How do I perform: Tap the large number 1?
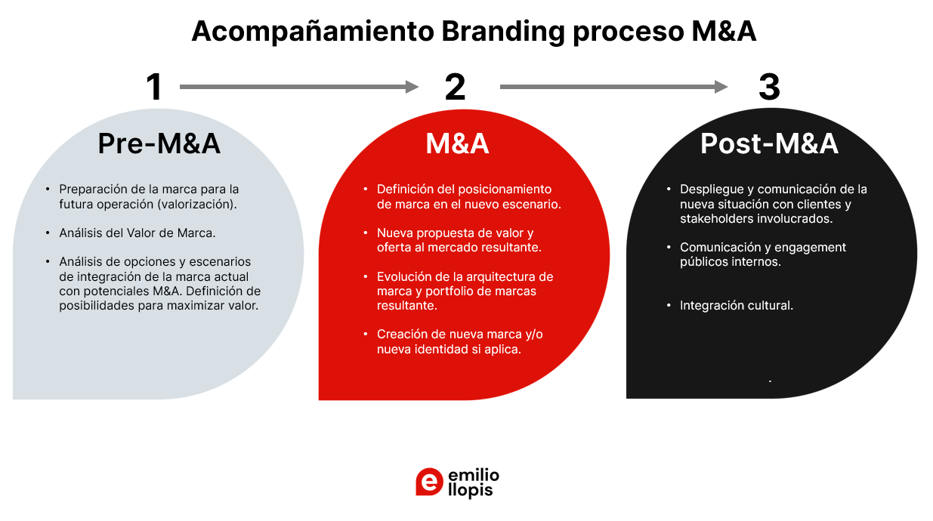[x=154, y=88]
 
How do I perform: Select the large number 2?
[x=455, y=88]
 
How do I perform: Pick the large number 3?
[x=769, y=88]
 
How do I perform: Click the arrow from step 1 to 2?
[x=298, y=87]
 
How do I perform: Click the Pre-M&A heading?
[x=159, y=143]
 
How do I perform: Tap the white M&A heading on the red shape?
[x=457, y=143]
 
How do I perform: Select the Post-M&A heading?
[x=769, y=143]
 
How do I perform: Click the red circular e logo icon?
[x=429, y=482]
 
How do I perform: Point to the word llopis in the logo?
[x=470, y=490]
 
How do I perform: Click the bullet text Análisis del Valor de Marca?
[x=137, y=233]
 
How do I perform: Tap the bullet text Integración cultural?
[x=737, y=306]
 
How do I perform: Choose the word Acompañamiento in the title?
[x=311, y=32]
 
